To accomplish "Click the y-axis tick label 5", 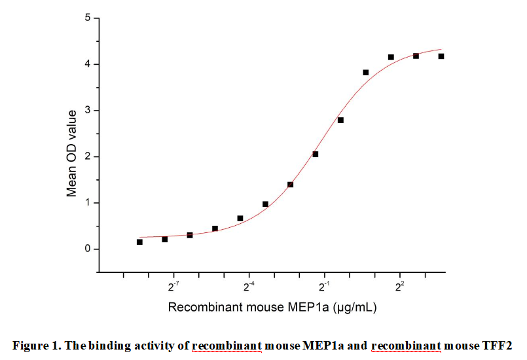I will tap(87, 18).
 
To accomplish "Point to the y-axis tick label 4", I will tap(87, 64).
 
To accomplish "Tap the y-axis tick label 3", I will tap(87, 111).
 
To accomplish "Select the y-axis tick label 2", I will tap(87, 156).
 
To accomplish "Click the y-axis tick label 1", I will tap(87, 203).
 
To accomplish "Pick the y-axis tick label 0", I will tap(87, 249).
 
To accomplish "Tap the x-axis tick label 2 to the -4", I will tap(249, 286).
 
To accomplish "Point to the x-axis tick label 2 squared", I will tap(399, 286).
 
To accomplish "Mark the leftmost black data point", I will tap(139, 242).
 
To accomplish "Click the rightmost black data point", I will tap(441, 56).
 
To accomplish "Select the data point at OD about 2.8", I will tap(340, 120).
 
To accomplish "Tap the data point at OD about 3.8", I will tap(365, 73).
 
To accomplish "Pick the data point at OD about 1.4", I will tap(290, 185).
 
